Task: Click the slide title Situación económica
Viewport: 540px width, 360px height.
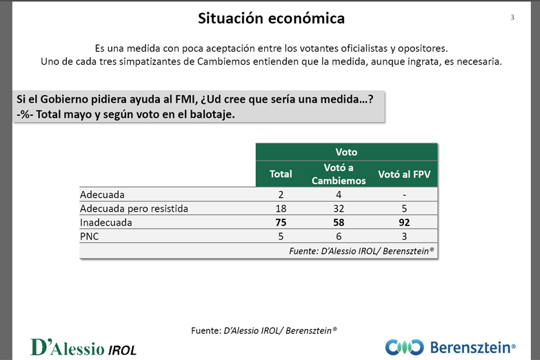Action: pyautogui.click(x=271, y=19)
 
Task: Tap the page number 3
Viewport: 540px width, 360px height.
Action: pyautogui.click(x=512, y=17)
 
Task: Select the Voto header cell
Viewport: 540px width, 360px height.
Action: pyautogui.click(x=346, y=152)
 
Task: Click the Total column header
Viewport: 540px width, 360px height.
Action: pyautogui.click(x=281, y=174)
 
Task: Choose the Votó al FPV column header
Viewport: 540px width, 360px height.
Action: pyautogui.click(x=404, y=174)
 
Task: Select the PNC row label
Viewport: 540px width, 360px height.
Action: pyautogui.click(x=91, y=237)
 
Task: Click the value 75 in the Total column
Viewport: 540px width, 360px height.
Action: pyautogui.click(x=281, y=223)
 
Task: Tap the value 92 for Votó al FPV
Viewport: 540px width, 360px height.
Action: pyautogui.click(x=404, y=223)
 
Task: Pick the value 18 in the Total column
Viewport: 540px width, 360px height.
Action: pyautogui.click(x=281, y=208)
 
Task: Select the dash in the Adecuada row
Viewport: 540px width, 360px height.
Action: pyautogui.click(x=404, y=194)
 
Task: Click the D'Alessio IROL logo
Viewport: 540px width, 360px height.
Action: pyautogui.click(x=83, y=347)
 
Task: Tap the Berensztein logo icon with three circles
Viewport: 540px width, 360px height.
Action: pyautogui.click(x=404, y=347)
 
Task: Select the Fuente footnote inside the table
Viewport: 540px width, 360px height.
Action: pyautogui.click(x=361, y=252)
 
